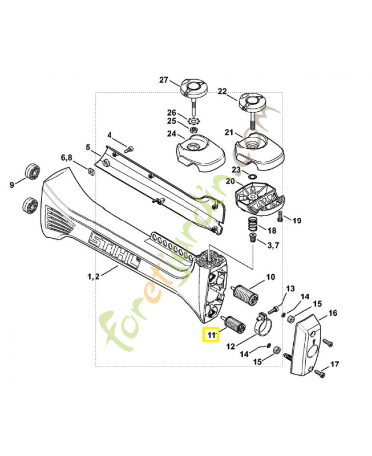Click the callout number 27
point(164,80)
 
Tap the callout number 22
point(223,91)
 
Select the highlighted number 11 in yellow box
point(212,335)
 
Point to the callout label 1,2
point(94,276)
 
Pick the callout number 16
point(333,312)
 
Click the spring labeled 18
point(252,226)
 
